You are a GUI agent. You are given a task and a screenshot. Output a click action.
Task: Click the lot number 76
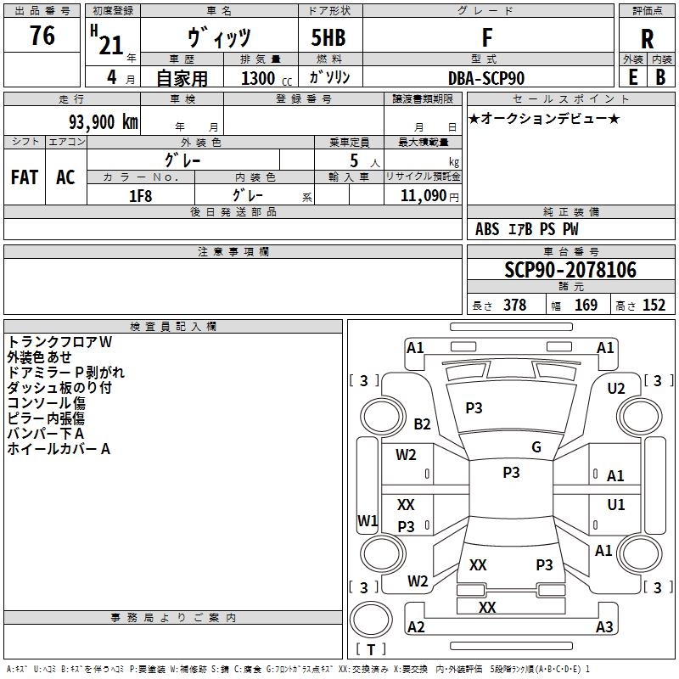(42, 36)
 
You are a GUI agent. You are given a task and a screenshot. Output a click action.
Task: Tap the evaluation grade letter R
(647, 38)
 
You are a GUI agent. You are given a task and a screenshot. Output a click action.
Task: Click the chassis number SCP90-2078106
(570, 271)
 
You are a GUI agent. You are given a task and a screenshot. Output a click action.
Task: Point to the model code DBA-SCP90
(486, 78)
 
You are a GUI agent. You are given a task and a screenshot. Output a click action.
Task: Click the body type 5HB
(328, 38)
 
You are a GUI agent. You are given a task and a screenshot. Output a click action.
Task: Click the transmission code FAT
(24, 177)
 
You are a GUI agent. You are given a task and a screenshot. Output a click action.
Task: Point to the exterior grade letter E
(632, 77)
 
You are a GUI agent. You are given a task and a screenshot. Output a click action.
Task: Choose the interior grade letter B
(660, 77)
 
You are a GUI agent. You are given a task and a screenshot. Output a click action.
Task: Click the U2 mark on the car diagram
(616, 389)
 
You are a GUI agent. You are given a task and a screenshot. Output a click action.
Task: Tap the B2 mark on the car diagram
(422, 424)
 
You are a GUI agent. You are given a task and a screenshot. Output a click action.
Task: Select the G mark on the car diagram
(536, 447)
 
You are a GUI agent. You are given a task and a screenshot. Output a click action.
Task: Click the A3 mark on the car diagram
(604, 627)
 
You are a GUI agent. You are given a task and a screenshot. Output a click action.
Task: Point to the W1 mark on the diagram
(367, 520)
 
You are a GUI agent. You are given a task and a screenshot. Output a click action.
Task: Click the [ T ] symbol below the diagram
(371, 650)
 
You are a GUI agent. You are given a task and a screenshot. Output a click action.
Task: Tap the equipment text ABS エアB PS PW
(527, 229)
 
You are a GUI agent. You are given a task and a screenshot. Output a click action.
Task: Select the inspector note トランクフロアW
(59, 342)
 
